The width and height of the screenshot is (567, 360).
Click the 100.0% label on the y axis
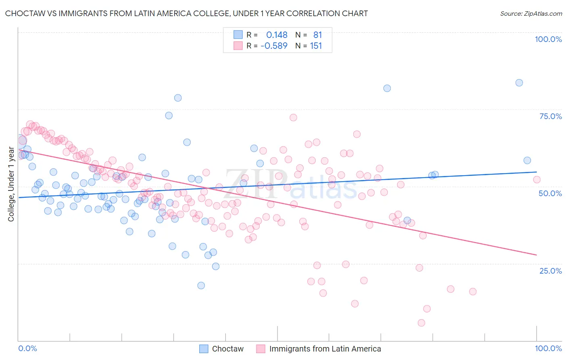pyautogui.click(x=548, y=39)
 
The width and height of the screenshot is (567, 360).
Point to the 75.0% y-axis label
pyautogui.click(x=550, y=116)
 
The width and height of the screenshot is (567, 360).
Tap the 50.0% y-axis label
pyautogui.click(x=550, y=193)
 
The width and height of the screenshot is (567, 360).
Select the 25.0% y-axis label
pyautogui.click(x=550, y=270)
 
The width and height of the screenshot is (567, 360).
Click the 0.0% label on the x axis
pyautogui.click(x=27, y=348)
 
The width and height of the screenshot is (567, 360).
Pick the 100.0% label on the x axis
pyautogui.click(x=548, y=348)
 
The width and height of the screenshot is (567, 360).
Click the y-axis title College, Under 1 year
pyautogui.click(x=11, y=184)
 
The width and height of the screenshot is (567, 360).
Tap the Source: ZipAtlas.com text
pyautogui.click(x=531, y=13)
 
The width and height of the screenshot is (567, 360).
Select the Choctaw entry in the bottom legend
pyautogui.click(x=228, y=349)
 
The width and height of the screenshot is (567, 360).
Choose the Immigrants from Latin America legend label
pyautogui.click(x=325, y=349)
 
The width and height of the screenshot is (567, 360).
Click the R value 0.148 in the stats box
pyautogui.click(x=277, y=35)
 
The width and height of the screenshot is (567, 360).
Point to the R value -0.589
pyautogui.click(x=274, y=46)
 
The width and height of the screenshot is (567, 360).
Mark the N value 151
pyautogui.click(x=316, y=46)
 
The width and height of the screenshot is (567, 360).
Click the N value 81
pyautogui.click(x=318, y=35)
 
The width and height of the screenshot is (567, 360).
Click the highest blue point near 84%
pyautogui.click(x=519, y=83)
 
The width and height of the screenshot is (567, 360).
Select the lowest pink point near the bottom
pyautogui.click(x=421, y=323)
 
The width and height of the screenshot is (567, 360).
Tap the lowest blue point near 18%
pyautogui.click(x=201, y=286)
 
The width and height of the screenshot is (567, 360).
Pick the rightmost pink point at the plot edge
pyautogui.click(x=536, y=180)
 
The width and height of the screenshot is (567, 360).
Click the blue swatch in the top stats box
pyautogui.click(x=238, y=35)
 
